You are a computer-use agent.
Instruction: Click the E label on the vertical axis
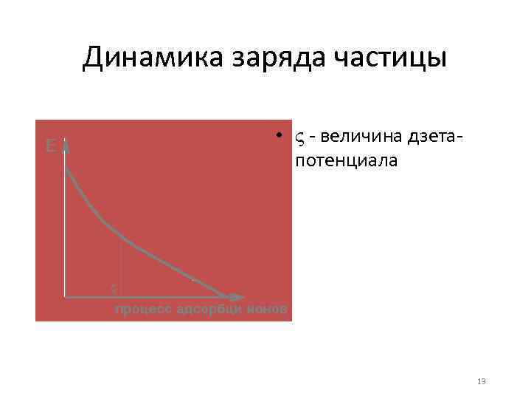click(x=50, y=146)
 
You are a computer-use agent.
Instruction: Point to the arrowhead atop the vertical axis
click(x=66, y=145)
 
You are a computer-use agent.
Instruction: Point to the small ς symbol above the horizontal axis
click(x=113, y=287)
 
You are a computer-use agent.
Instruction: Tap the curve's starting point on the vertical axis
click(x=66, y=168)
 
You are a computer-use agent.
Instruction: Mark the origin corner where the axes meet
click(x=66, y=296)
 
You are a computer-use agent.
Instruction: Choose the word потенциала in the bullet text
click(x=346, y=160)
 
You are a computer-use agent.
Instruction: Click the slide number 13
click(x=482, y=381)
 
